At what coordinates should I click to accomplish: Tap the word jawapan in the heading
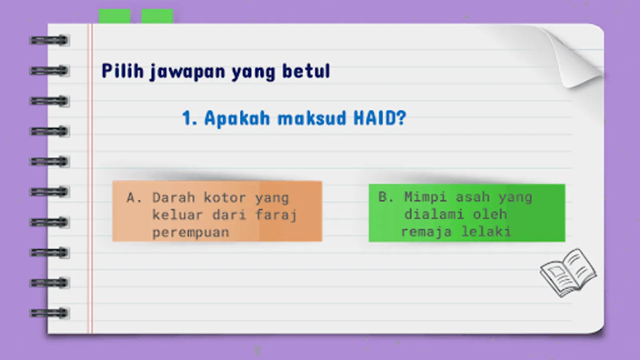tap(188, 72)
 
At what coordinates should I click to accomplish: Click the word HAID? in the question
tap(380, 118)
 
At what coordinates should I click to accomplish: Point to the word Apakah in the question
tap(237, 118)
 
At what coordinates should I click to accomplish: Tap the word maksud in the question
tap(312, 118)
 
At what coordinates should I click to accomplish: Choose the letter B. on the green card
tap(386, 197)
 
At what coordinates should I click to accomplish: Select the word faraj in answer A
tap(276, 215)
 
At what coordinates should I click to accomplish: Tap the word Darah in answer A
tap(174, 198)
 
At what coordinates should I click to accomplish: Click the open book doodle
tap(568, 272)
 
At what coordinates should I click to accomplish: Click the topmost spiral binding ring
tap(50, 40)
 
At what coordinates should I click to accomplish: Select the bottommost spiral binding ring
tap(50, 313)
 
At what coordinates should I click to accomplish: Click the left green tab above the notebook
tap(114, 16)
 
